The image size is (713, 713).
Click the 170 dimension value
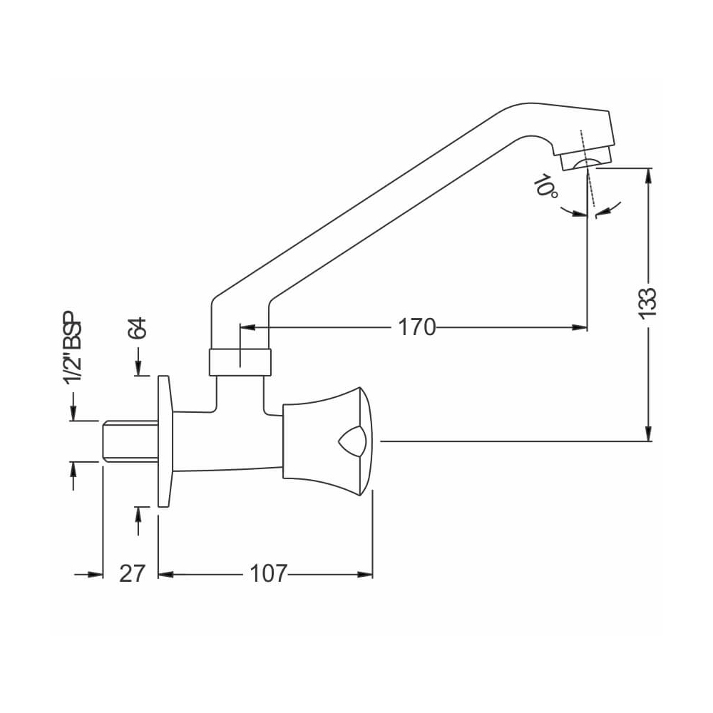click(x=417, y=327)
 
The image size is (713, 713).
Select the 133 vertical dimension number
click(x=647, y=304)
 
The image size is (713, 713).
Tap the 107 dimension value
click(x=268, y=573)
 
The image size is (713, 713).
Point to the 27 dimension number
click(x=132, y=573)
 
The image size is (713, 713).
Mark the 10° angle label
click(x=546, y=188)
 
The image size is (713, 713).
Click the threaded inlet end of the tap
click(x=128, y=441)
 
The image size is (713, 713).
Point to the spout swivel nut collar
click(x=240, y=362)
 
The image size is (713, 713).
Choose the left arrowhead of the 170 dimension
click(x=247, y=327)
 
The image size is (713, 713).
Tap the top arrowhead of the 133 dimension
click(x=647, y=175)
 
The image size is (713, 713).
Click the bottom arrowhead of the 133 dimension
click(x=647, y=434)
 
